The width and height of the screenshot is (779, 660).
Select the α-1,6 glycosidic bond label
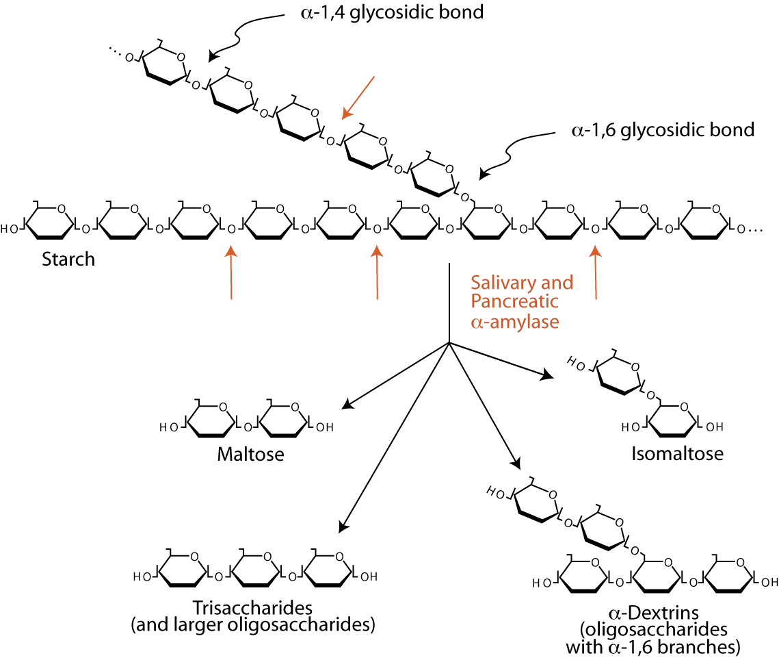[662, 129]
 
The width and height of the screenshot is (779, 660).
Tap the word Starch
[68, 260]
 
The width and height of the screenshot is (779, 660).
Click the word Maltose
[250, 454]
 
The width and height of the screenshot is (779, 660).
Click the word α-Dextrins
[655, 612]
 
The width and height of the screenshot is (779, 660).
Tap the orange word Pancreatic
[515, 301]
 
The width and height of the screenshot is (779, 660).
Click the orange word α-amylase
[515, 321]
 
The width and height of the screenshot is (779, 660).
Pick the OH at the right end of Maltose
[325, 428]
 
